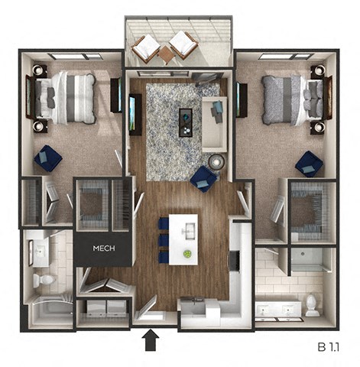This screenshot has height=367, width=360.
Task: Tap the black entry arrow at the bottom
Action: pos(151,338)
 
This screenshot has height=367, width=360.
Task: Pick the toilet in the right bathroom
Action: pos(312,305)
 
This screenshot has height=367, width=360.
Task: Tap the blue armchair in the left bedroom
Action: pos(49,158)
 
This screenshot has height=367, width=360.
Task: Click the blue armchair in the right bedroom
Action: pos(309,163)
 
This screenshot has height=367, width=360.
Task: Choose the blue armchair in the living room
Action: pos(203,178)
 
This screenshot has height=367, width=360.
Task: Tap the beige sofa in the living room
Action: pos(214,122)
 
